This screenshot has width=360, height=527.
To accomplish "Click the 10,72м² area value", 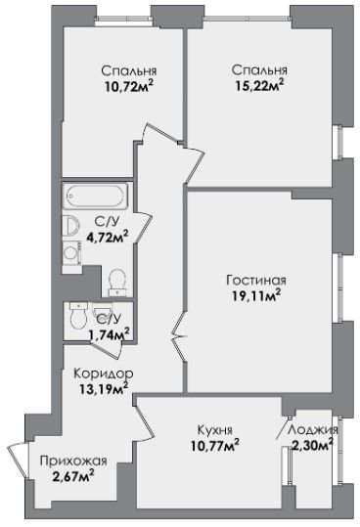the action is pos(129,87).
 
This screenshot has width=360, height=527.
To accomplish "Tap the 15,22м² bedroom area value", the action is pos(259,86).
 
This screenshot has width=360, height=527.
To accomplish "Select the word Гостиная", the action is pos(256,280).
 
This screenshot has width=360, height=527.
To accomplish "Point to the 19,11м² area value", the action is pos(256,295).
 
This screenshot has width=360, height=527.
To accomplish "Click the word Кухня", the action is pos(214,430).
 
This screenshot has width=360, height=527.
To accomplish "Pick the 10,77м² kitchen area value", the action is pos(215,446).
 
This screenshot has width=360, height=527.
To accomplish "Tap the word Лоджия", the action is pos(313,430).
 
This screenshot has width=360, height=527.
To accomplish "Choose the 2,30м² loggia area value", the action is pos(312,445).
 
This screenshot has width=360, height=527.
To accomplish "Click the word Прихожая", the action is pos(73,461).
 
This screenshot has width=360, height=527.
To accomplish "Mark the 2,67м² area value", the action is pos(73,476).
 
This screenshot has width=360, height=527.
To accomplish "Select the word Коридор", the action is pos(104,373).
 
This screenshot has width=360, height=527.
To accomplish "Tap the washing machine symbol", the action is pos(71,253).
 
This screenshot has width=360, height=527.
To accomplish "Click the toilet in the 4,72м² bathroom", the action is pos(117,283).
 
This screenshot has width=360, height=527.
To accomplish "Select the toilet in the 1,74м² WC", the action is pos(78,315).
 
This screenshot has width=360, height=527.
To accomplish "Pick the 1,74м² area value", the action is pos(109,334).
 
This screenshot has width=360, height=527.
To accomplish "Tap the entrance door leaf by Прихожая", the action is pos(17,461).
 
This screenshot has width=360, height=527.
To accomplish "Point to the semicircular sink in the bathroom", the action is pos(71,225).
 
